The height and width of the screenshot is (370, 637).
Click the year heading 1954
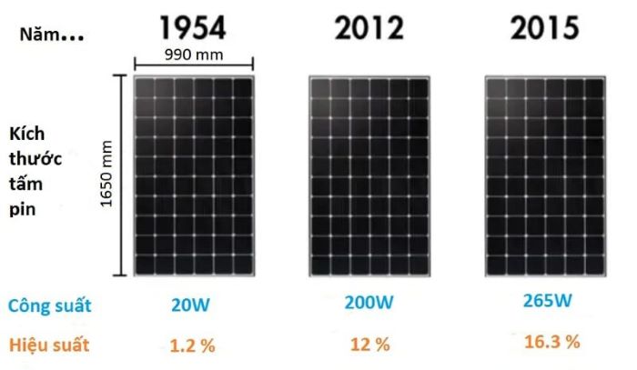click(x=191, y=28)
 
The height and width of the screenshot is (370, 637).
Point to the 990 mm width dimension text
click(x=193, y=54)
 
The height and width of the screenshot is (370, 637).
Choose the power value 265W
click(x=546, y=300)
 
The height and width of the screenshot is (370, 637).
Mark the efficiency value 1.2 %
click(x=193, y=345)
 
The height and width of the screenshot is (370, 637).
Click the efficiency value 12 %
click(x=369, y=345)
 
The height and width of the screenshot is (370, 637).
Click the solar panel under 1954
click(x=193, y=175)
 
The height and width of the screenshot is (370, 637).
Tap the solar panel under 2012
click(x=369, y=175)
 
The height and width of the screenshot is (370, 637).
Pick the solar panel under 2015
click(x=545, y=175)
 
